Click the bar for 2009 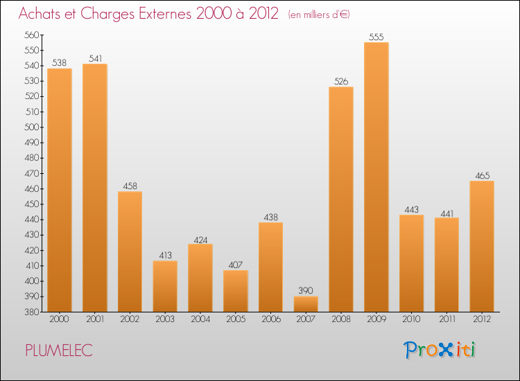[x=376, y=177]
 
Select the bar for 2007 [x=306, y=304]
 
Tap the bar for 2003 [x=165, y=286]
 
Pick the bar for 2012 [x=482, y=246]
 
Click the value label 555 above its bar [x=376, y=37]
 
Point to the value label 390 [x=306, y=291]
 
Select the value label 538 [x=60, y=62]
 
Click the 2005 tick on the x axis [x=236, y=319]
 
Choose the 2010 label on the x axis [x=411, y=319]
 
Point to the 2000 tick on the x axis [x=60, y=319]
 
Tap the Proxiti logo [x=440, y=350]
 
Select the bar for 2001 [x=95, y=188]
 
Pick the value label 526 [x=341, y=81]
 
